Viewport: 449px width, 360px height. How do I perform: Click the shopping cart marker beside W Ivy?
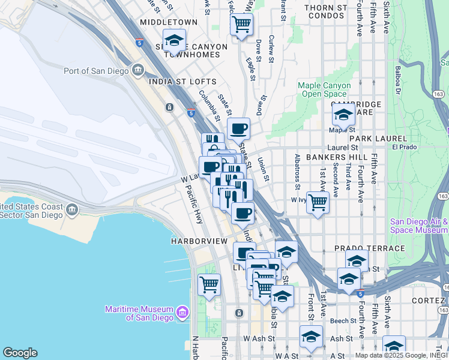point(318,202)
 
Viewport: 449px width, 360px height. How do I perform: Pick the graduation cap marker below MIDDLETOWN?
point(174,41)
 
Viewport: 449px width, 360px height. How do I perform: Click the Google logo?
point(20,353)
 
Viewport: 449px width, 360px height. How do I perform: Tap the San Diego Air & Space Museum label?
point(419,226)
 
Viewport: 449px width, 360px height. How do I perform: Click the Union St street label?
point(263,169)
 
